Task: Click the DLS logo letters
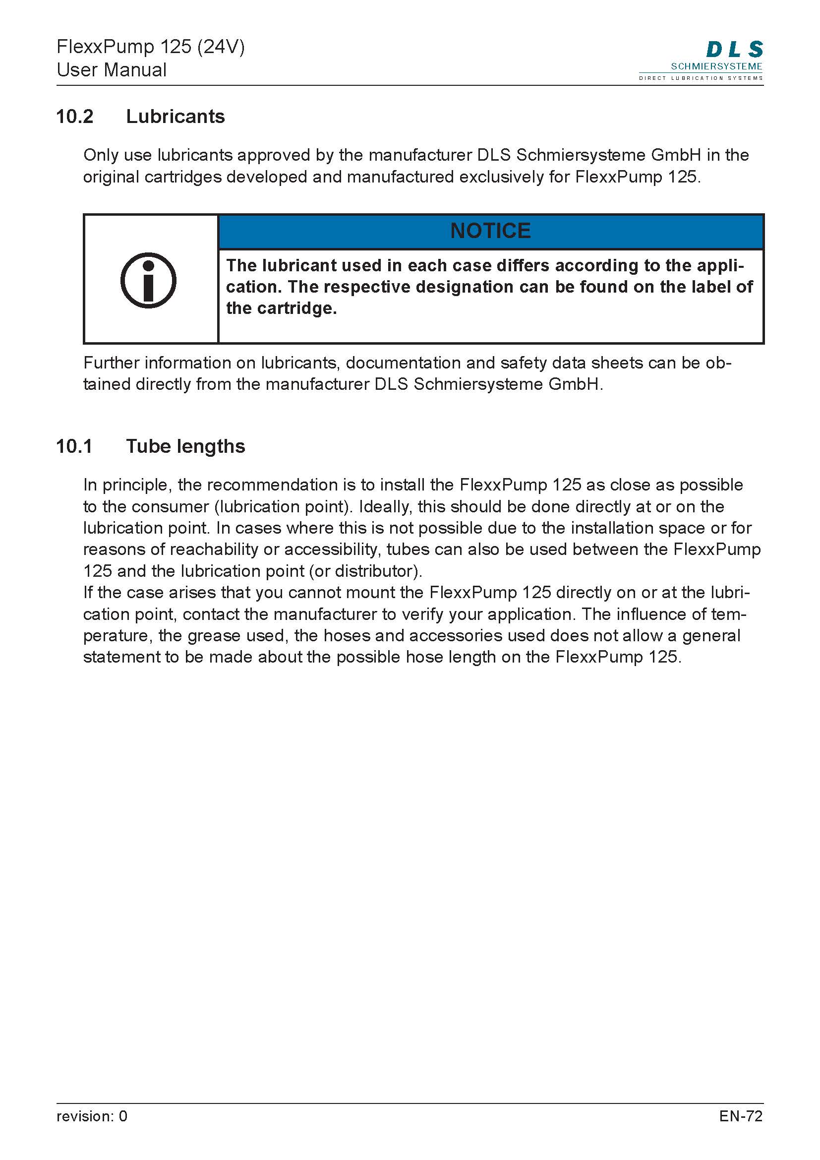point(734,50)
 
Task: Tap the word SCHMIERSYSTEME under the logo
point(716,66)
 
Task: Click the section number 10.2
point(75,116)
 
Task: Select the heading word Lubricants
point(175,116)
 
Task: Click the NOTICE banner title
point(490,231)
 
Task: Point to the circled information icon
point(148,280)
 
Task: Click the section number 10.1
point(74,446)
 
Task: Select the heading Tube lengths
point(185,446)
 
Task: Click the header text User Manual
point(112,70)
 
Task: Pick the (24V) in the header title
point(221,47)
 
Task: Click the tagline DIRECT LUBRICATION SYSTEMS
point(701,78)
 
